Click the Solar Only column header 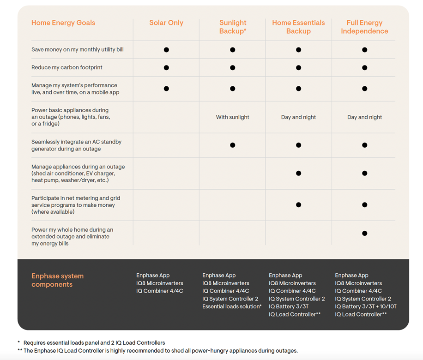coord(166,23)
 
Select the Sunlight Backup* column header coord(233,27)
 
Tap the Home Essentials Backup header coord(298,27)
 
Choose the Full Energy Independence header coord(364,27)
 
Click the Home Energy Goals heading coord(63,23)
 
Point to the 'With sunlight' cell coord(232,117)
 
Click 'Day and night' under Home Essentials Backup coord(298,117)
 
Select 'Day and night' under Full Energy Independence coord(364,117)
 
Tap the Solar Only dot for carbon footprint coord(166,67)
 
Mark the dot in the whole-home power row coord(364,233)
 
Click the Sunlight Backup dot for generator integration coord(232,145)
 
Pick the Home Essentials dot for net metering coord(298,204)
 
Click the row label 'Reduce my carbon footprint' coord(67,67)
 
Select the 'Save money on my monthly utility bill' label coord(78,49)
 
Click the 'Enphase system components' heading coord(57,280)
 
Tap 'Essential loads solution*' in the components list coord(232,306)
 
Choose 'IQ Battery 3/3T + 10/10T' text coord(366,306)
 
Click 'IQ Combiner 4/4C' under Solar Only coord(160,291)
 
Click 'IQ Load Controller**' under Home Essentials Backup coord(295,314)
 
